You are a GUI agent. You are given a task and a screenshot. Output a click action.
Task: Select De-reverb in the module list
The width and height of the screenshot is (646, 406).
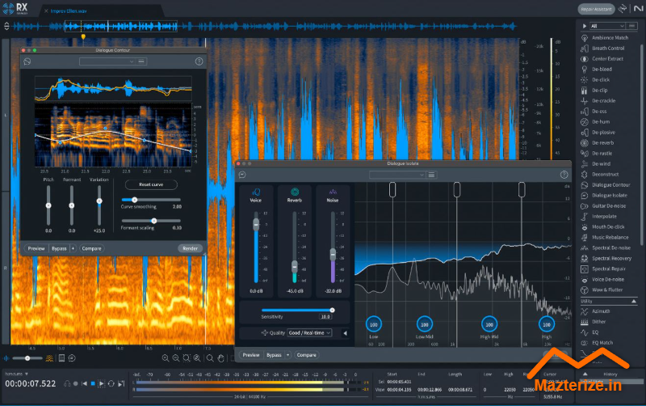pyautogui.click(x=602, y=142)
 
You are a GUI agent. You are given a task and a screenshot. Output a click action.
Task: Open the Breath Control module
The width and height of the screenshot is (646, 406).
pyautogui.click(x=607, y=48)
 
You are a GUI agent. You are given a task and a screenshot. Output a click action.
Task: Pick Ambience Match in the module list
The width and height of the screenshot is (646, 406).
pyautogui.click(x=610, y=37)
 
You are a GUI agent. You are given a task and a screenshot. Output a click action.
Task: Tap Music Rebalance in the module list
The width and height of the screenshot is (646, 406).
pyautogui.click(x=610, y=237)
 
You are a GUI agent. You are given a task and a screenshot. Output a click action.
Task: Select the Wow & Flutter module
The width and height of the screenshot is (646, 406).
pyautogui.click(x=606, y=290)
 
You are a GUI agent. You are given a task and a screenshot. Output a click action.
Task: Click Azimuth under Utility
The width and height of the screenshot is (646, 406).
pyautogui.click(x=602, y=311)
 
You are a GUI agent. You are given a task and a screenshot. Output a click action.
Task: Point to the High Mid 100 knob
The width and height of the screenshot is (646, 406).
pyautogui.click(x=488, y=322)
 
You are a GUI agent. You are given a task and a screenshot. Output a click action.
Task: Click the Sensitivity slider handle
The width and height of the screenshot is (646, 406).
pyautogui.click(x=331, y=310)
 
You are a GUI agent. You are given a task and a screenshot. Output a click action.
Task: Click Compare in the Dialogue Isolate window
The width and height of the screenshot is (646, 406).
pyautogui.click(x=306, y=355)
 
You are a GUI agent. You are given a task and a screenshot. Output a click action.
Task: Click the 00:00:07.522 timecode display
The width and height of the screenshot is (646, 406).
pyautogui.click(x=30, y=383)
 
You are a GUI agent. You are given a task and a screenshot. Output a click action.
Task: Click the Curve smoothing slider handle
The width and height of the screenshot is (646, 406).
pyautogui.click(x=134, y=199)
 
